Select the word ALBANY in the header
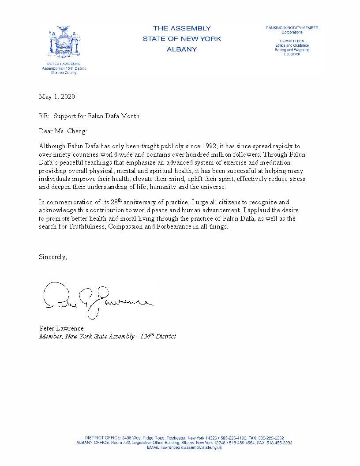coord(181,49)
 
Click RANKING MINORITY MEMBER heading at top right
coord(292,28)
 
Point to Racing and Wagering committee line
coord(292,50)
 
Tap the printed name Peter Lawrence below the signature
coord(61,328)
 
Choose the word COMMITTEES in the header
coord(292,41)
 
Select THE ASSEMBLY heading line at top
coord(181,28)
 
